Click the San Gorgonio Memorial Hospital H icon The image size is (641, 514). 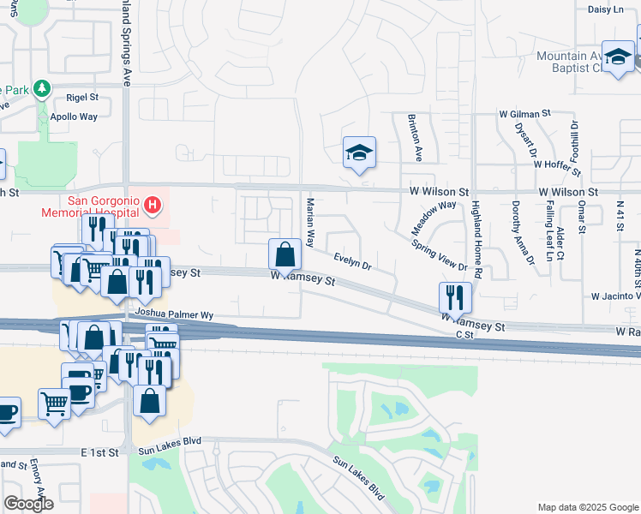[152, 204]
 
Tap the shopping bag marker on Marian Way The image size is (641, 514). [285, 254]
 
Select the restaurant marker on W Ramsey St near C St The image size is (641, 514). [455, 297]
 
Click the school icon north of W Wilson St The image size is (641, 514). [359, 153]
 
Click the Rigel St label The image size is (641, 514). [83, 98]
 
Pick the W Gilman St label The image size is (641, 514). [525, 113]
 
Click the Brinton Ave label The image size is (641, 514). [415, 137]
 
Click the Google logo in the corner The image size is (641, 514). [28, 504]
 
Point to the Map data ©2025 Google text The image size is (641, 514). [587, 507]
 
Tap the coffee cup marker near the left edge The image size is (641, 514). [7, 412]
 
